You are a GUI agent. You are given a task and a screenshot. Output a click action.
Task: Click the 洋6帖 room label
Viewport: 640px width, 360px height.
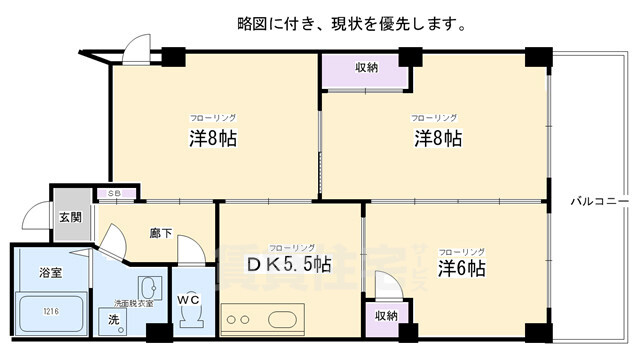click(462, 268)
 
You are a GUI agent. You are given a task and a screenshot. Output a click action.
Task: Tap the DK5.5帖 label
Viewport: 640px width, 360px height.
click(290, 265)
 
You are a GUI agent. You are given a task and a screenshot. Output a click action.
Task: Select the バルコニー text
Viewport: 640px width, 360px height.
click(599, 201)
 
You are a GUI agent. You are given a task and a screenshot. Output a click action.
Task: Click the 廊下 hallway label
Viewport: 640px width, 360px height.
click(160, 233)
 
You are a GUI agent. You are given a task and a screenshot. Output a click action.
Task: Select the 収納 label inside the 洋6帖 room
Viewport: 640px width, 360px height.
click(386, 315)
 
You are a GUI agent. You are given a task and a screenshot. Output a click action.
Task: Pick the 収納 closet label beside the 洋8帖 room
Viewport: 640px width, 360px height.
click(366, 68)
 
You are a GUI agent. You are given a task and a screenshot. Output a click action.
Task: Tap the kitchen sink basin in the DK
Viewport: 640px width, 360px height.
click(283, 320)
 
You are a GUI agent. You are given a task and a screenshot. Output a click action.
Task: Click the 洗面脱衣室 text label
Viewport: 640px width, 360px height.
click(134, 303)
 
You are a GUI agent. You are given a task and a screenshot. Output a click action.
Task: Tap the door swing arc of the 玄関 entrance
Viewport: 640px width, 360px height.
click(36, 213)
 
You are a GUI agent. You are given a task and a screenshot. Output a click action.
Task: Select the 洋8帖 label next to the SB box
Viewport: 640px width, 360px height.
click(214, 137)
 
